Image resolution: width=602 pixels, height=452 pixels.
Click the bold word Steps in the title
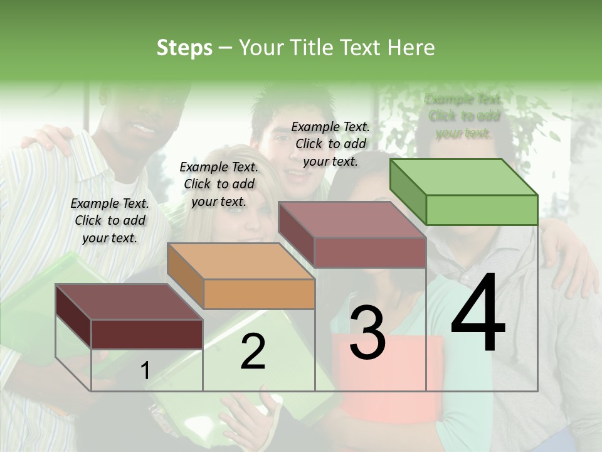pos(184,48)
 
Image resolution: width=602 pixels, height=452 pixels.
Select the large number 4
pos(478,314)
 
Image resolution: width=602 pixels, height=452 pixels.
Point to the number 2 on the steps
pos(253,352)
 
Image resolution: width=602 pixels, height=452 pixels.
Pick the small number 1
pos(145,371)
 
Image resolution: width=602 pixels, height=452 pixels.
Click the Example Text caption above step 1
pos(110,220)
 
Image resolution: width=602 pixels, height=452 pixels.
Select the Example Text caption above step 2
pos(219,184)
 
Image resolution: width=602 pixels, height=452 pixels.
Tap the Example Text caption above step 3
pos(330,144)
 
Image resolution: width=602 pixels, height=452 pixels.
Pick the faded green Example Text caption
pos(463,116)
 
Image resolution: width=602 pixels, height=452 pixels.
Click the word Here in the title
pos(411,48)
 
